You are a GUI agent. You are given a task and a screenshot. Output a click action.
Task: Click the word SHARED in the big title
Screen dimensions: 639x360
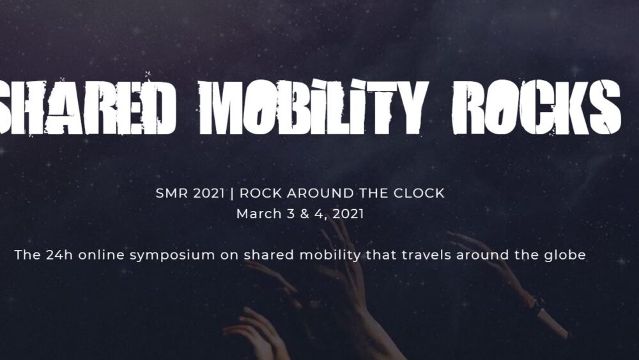click(x=88, y=106)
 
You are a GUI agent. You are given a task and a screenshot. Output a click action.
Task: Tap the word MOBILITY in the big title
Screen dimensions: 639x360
click(x=313, y=107)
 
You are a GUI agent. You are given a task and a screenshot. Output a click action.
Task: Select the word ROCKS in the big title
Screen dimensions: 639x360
click(x=536, y=107)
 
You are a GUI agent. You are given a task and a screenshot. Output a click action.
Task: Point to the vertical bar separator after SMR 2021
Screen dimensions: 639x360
click(x=232, y=194)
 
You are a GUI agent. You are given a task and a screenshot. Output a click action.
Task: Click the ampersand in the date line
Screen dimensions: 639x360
click(x=304, y=214)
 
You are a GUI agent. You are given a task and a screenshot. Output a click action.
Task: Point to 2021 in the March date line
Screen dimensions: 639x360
click(x=348, y=214)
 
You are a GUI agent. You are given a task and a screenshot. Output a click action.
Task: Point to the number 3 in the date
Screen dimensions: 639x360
click(x=291, y=214)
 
